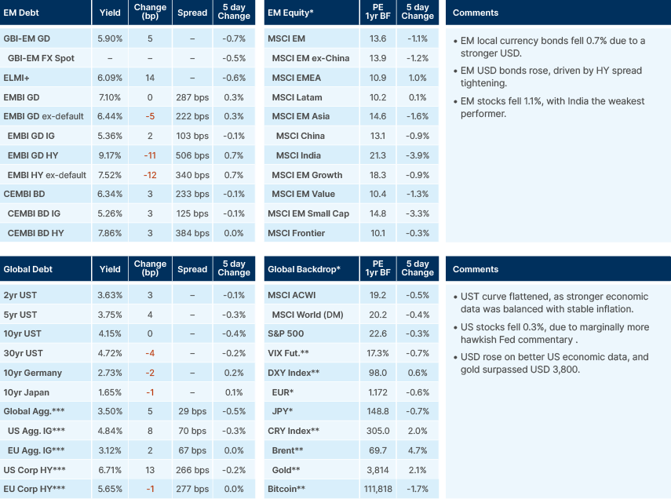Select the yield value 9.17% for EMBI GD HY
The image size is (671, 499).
(x=111, y=155)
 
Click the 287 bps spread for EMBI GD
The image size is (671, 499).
(x=192, y=97)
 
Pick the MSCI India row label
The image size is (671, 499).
(x=300, y=155)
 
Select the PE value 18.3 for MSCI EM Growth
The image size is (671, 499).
(x=377, y=174)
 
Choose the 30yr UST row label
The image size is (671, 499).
(x=23, y=354)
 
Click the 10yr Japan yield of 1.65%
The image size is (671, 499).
(x=111, y=392)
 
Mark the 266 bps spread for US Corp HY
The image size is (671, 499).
(x=192, y=470)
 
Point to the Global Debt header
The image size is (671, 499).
(x=29, y=269)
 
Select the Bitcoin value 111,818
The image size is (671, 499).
(x=377, y=490)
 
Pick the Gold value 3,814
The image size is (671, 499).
(x=377, y=470)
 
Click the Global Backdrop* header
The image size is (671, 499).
(x=304, y=269)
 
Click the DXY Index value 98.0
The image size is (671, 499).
(x=377, y=373)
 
